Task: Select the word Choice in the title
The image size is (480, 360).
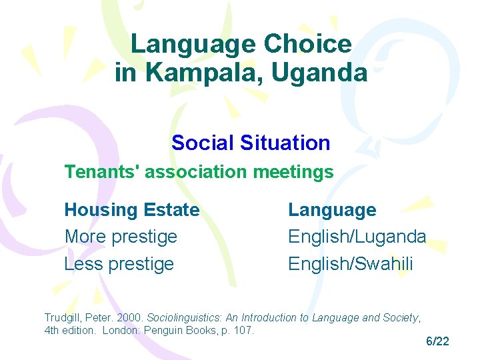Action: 308,44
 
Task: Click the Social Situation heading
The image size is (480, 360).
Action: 251,143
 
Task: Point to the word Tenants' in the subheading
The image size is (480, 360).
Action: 101,172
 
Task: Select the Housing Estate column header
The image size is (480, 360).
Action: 132,210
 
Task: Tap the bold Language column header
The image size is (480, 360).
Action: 332,210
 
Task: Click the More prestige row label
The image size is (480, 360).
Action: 121,237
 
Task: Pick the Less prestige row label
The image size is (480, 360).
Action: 119,264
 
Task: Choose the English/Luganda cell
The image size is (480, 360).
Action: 357,237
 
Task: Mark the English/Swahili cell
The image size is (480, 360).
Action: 351,264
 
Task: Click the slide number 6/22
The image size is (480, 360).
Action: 437,341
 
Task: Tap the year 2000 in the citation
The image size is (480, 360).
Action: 131,318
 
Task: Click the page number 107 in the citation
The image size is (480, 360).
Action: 244,331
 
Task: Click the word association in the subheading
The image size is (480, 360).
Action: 193,172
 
